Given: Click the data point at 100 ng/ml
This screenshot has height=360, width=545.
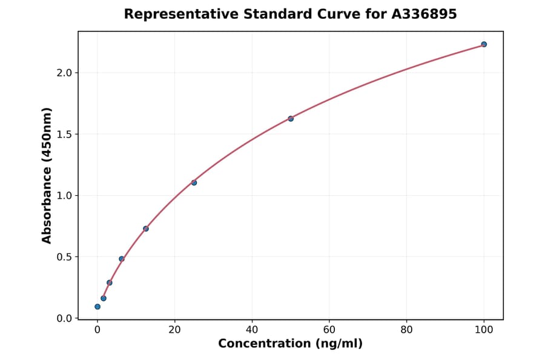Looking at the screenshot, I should pos(484,44).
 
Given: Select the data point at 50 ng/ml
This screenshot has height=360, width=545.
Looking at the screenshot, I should pos(291,119).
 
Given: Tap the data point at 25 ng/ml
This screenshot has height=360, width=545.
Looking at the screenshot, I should pos(194,182).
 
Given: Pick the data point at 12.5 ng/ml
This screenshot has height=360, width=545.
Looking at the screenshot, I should pos(146,228).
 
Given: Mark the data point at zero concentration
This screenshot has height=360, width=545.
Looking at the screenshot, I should pos(97,307).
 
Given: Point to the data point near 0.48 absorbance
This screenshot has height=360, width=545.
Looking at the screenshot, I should pos(122,259).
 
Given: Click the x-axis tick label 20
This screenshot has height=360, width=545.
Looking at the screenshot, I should pos(174,330).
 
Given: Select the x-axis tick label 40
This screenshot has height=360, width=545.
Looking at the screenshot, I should pos(252,330).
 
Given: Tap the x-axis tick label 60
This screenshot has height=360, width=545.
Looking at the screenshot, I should pos(329,330).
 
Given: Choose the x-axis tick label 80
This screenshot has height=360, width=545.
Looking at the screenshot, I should pos(406,330).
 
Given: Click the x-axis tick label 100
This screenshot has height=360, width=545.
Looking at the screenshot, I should pos(484,330).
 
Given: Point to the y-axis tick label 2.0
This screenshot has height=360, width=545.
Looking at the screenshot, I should pos(64,73).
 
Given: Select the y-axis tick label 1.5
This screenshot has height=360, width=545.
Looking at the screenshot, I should pos(64,134).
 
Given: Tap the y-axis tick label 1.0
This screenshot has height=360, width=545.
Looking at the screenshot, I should pos(64,196).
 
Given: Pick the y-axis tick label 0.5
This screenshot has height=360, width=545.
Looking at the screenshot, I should pos(64,257).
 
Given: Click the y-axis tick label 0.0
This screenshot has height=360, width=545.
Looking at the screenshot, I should pos(64,318).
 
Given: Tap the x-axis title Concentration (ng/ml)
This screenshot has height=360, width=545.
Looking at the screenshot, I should pos(290,344).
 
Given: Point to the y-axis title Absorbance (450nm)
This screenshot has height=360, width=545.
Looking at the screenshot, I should pos(47,175).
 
